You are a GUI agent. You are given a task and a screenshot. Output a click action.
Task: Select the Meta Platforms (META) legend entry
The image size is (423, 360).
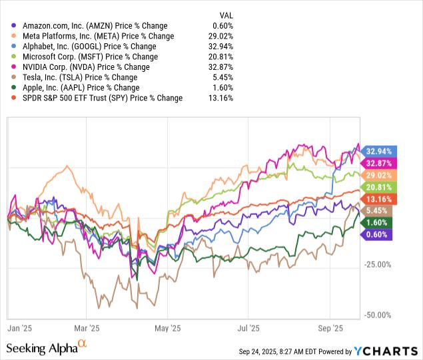click(93, 36)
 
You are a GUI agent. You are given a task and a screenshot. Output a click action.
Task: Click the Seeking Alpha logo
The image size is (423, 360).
click(47, 347)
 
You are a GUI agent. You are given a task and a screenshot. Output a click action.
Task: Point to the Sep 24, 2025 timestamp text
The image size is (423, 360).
click(280, 351)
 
